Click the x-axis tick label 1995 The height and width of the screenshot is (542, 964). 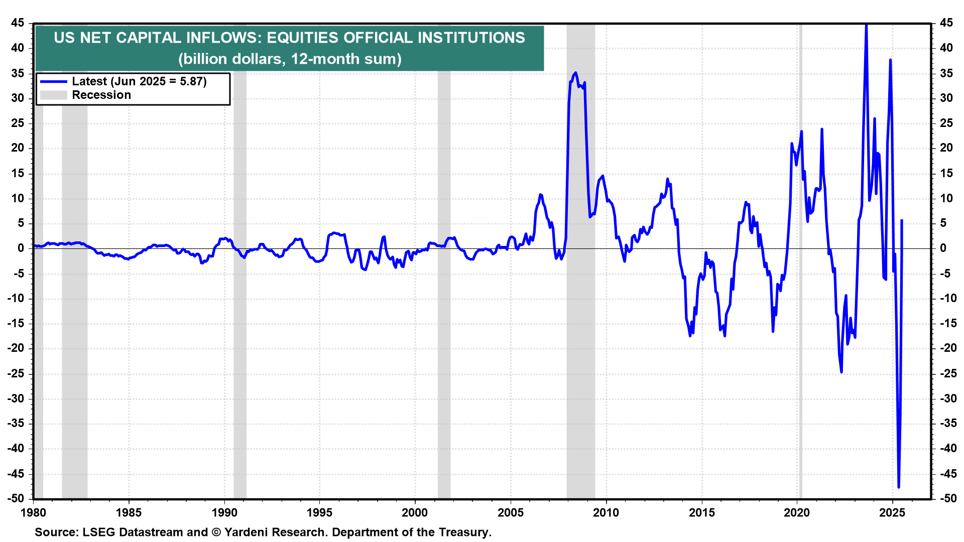click(319, 512)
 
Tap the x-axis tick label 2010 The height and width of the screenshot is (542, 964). click(606, 512)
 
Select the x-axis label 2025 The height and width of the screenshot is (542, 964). click(892, 512)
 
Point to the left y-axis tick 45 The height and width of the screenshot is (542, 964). click(18, 23)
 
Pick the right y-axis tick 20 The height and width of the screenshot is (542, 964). click(946, 148)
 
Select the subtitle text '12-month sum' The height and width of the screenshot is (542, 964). click(346, 59)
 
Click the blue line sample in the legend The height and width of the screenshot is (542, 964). click(53, 81)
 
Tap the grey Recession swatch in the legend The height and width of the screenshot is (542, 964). click(53, 95)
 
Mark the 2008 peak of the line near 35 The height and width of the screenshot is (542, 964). click(575, 73)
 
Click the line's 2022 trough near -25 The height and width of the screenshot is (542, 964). click(841, 372)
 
